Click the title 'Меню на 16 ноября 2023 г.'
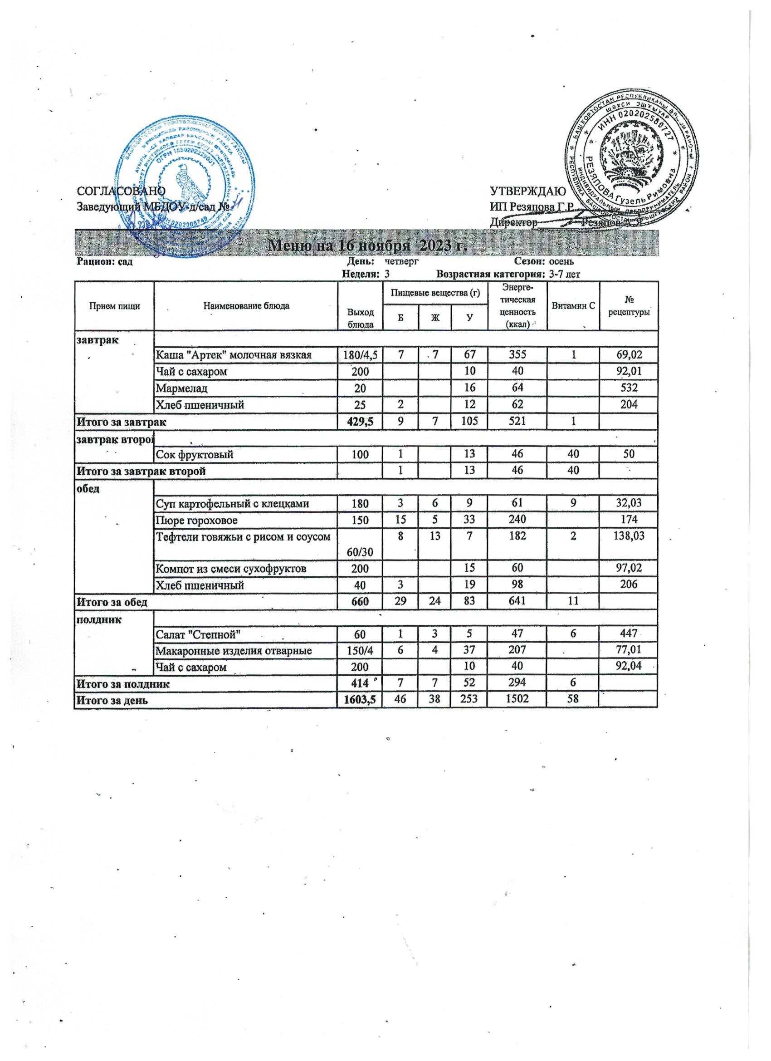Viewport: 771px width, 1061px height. pos(367,245)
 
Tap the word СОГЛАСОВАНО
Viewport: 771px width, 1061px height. pos(121,191)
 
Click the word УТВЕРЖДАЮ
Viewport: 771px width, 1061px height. pos(528,191)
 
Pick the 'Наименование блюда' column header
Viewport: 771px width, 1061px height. pos(246,306)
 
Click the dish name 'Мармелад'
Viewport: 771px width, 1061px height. pos(182,388)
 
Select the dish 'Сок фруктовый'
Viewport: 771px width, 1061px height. pos(195,454)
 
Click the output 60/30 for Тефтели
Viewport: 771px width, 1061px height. pos(359,552)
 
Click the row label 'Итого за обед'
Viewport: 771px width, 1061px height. pos(112,602)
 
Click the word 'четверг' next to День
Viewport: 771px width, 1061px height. pos(401,261)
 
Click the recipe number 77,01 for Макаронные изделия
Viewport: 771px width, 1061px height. pos(629,650)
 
